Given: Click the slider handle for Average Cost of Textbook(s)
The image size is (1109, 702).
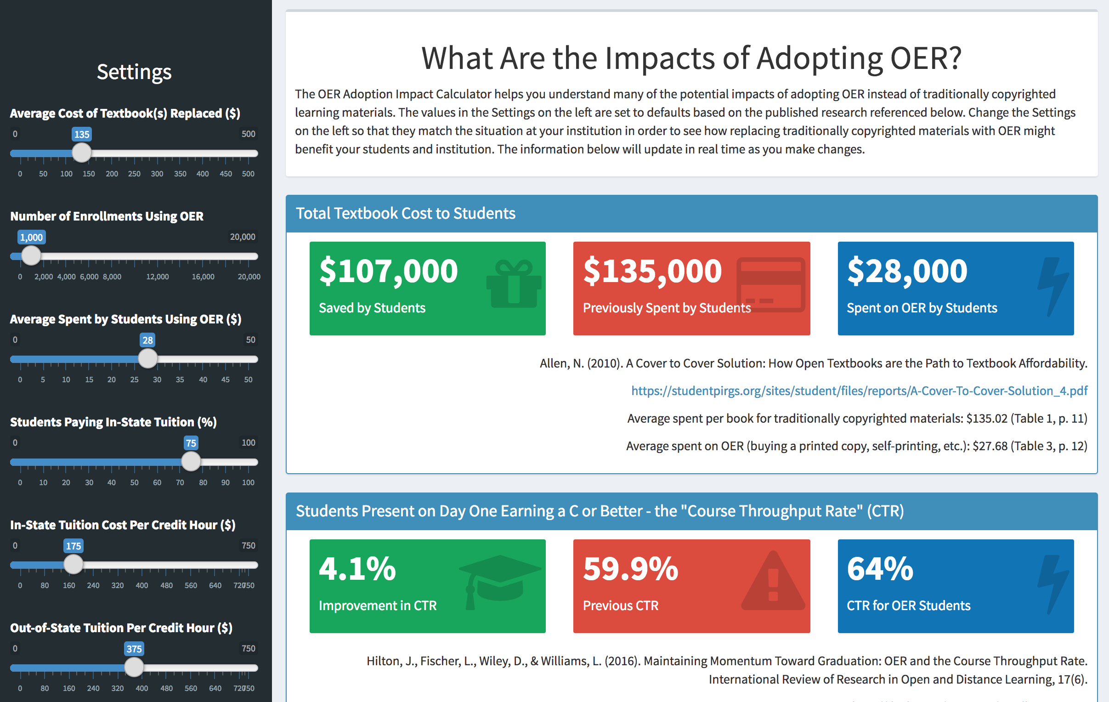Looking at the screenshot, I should click(x=82, y=153).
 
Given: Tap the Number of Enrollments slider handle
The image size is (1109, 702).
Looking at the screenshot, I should click(x=31, y=255).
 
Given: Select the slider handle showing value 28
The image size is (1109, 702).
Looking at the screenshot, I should click(x=148, y=358).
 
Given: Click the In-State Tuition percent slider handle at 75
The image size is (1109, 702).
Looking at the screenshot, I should click(x=191, y=462).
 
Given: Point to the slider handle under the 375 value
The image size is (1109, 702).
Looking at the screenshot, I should click(x=134, y=667).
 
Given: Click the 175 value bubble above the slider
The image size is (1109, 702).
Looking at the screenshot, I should click(x=73, y=546).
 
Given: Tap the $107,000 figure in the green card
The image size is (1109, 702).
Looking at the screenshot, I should click(x=388, y=271).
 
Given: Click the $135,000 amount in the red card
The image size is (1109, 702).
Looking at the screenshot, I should click(x=652, y=271).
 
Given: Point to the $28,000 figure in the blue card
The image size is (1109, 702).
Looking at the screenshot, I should click(x=907, y=271).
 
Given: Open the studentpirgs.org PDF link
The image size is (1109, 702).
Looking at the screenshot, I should click(x=859, y=391).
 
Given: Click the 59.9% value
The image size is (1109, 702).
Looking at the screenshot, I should click(x=630, y=568).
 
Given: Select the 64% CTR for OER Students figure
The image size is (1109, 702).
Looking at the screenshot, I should click(x=880, y=568).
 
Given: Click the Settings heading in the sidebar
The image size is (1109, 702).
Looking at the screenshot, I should click(x=134, y=72).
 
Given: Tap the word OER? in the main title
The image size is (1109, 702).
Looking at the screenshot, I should click(x=926, y=58).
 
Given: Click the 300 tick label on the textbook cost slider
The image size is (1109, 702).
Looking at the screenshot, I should click(x=157, y=174).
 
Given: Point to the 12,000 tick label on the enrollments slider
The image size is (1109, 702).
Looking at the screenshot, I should click(x=158, y=277).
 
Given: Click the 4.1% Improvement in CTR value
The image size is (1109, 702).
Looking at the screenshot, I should click(x=357, y=568).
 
